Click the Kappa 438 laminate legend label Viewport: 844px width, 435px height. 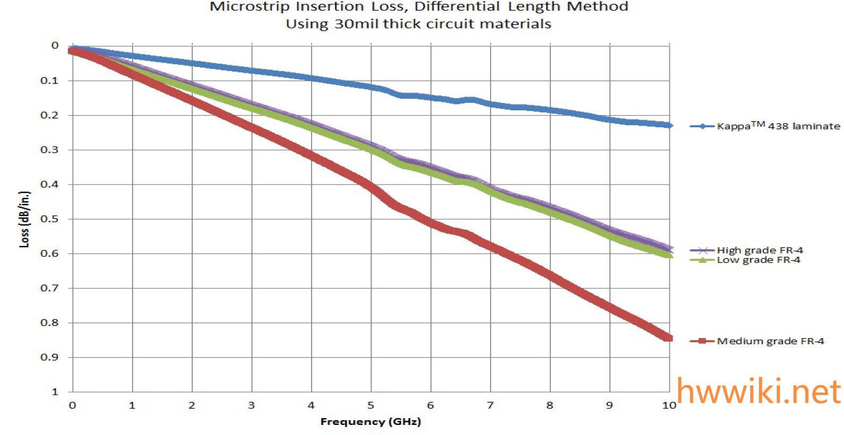point(778,126)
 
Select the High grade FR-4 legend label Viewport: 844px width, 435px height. point(760,250)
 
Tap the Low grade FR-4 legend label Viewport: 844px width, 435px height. point(758,260)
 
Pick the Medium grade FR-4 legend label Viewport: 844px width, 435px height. point(770,341)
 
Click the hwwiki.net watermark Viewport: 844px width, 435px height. point(759,391)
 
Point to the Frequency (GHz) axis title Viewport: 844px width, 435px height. point(371,422)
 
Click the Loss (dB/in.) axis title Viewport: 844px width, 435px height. point(24,219)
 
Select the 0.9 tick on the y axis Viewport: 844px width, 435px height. point(49,358)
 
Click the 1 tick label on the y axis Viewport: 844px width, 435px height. point(55,392)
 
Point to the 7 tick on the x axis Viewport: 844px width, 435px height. point(490,406)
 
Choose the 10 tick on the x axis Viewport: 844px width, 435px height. point(669,406)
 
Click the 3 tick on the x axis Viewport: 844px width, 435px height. point(252,406)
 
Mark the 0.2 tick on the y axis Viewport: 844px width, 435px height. point(49,115)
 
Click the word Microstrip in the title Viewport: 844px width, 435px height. point(249,7)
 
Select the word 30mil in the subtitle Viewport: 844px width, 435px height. point(356,24)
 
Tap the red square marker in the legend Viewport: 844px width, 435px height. point(702,341)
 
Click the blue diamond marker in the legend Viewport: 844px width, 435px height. point(702,126)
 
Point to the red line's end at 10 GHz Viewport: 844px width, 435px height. point(669,338)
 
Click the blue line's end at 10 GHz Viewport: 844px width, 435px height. point(670,125)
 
